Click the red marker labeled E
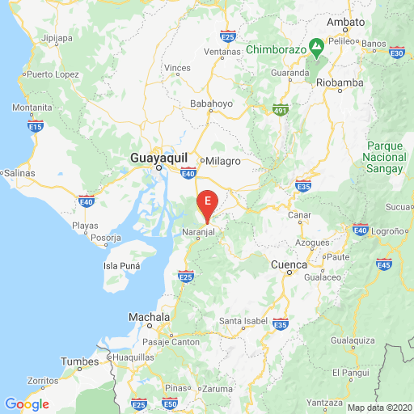[x=209, y=202]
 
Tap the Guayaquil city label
[x=159, y=158]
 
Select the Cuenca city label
[x=289, y=264]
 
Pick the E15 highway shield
[x=36, y=126]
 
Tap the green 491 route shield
[x=280, y=110]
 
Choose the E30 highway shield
[x=396, y=53]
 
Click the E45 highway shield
[x=384, y=264]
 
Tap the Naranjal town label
[x=199, y=232]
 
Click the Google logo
[x=27, y=403]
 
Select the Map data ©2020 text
[x=379, y=408]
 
